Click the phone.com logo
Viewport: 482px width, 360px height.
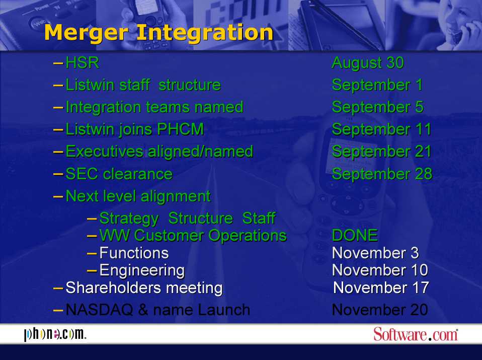(x=55, y=334)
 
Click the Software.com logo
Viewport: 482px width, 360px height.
(x=416, y=334)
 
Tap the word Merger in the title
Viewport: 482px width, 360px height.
(x=86, y=33)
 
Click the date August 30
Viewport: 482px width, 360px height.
(x=368, y=63)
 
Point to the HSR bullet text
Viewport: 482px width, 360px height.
(x=83, y=63)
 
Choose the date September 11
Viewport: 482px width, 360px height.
(x=381, y=129)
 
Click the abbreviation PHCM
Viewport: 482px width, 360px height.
(x=181, y=129)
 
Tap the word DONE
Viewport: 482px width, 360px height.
(x=355, y=236)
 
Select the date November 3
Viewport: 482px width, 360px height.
(x=375, y=253)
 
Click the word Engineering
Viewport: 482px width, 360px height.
(x=142, y=271)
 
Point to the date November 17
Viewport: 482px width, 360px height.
(x=381, y=288)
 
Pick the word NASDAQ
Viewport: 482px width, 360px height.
(x=99, y=310)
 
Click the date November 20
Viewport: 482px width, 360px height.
(x=380, y=310)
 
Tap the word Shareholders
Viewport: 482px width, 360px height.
(x=113, y=288)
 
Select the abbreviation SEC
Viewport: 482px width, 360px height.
(x=83, y=174)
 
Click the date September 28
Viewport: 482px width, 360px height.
(x=382, y=174)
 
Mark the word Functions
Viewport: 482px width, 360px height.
(x=134, y=253)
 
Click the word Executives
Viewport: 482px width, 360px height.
(x=105, y=152)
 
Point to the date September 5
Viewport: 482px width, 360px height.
(x=378, y=107)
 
